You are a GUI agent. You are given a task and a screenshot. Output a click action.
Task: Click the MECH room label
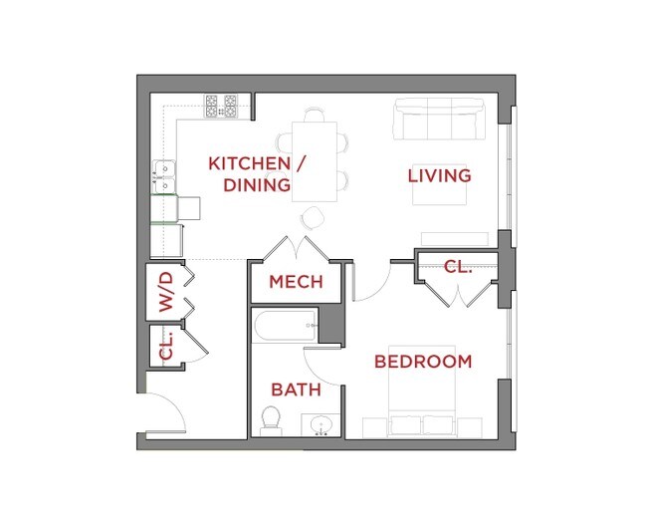click(296, 282)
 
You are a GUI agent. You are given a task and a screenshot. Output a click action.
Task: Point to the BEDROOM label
click(422, 362)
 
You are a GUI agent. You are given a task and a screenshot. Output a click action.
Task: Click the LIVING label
click(439, 176)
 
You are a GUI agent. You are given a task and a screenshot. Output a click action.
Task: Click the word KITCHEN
click(249, 163)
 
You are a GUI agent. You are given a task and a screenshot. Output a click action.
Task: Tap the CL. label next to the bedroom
click(457, 267)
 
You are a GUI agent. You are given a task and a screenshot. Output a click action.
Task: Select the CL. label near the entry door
click(166, 346)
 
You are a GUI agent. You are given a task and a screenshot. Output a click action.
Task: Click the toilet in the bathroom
click(270, 419)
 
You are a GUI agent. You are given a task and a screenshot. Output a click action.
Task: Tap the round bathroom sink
click(321, 426)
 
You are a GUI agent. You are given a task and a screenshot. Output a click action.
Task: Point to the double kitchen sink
click(162, 177)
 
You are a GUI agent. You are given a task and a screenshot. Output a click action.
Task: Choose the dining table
click(315, 159)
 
